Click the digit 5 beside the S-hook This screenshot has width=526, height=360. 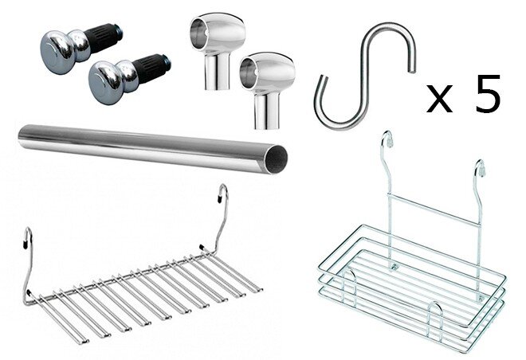pos(488,93)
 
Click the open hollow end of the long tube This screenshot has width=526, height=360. pos(277,159)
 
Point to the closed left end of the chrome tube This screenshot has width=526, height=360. pos(22,137)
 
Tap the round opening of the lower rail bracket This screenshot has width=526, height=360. pos(248,73)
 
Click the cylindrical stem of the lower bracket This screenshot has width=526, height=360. pos(266,111)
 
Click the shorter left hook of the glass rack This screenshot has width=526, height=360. pos(28,264)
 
